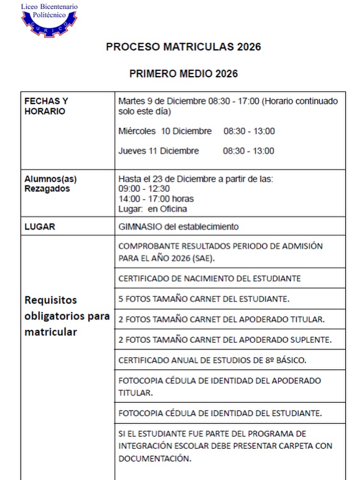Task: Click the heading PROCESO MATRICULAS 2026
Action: (x=183, y=47)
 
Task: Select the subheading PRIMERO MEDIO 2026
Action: (x=183, y=74)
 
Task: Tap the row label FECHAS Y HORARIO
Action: (x=46, y=106)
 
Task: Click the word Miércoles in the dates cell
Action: (x=137, y=131)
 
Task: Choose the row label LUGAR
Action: (x=40, y=226)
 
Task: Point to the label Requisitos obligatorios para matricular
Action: (x=67, y=316)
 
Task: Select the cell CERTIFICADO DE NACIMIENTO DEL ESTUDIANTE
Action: (x=209, y=279)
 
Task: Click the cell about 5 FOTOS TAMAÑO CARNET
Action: (x=204, y=299)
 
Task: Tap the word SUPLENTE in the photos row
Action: (x=312, y=340)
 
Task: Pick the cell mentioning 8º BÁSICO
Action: (x=212, y=360)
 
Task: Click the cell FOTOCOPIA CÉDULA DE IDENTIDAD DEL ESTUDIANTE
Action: (x=220, y=413)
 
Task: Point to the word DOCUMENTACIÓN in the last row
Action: (x=153, y=458)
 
